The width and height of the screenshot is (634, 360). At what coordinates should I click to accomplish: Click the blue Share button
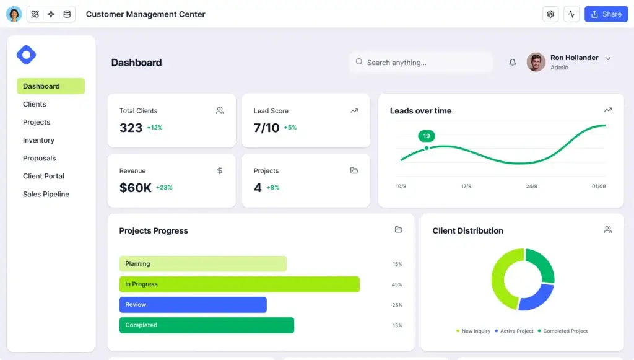[x=606, y=14]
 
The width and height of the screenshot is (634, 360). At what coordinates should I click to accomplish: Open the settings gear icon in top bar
[x=550, y=14]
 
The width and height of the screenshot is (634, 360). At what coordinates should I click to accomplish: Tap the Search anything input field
[x=421, y=63]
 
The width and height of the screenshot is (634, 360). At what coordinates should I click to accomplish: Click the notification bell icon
[x=513, y=63]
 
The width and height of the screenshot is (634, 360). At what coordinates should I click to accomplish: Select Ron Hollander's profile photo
[x=536, y=62]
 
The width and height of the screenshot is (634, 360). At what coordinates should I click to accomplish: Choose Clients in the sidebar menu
[x=35, y=104]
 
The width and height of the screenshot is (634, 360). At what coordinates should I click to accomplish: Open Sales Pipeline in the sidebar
[x=46, y=194]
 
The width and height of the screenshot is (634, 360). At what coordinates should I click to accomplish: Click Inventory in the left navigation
[x=38, y=140]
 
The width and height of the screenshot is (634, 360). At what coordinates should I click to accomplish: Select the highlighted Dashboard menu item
[x=50, y=86]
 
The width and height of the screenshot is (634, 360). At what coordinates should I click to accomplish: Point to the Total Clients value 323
[x=131, y=128]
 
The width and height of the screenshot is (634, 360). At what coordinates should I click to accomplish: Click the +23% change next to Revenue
[x=164, y=188]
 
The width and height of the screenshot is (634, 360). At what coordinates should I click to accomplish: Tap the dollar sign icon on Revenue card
[x=220, y=170]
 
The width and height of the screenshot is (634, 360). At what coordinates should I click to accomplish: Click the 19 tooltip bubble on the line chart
[x=427, y=136]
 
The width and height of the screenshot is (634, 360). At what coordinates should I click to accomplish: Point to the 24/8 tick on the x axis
[x=531, y=186]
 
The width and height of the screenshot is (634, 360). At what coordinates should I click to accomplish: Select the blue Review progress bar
[x=193, y=305]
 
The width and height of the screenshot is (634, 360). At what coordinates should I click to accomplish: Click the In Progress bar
[x=239, y=284]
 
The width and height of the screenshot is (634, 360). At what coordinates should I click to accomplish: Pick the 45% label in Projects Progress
[x=397, y=284]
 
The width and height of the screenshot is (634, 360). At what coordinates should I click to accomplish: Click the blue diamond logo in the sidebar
[x=26, y=55]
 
